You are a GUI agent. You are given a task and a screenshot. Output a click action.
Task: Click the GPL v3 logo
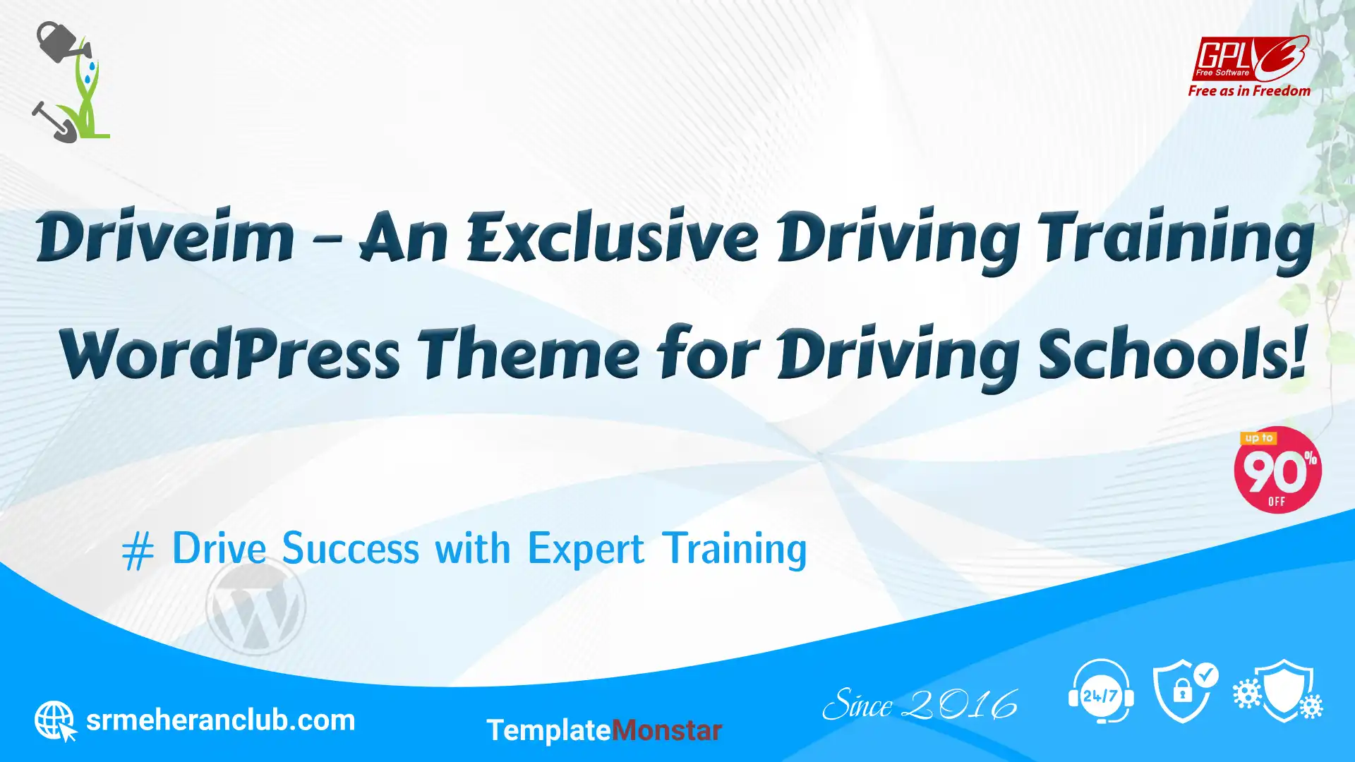[1251, 58]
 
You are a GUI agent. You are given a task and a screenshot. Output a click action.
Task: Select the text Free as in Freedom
[1249, 91]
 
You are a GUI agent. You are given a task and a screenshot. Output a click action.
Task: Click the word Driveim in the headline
[166, 236]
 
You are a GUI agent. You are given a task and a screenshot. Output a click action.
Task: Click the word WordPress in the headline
[230, 353]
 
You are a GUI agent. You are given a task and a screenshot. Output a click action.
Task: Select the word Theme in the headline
[530, 353]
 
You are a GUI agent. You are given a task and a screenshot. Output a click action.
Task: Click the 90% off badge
[1277, 470]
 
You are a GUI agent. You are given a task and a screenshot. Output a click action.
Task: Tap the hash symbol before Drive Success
[138, 551]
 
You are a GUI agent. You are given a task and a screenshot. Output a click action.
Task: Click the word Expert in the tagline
[586, 550]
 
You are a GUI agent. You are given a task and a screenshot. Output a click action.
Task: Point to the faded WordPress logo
[255, 606]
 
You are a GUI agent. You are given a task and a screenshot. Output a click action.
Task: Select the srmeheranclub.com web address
[220, 720]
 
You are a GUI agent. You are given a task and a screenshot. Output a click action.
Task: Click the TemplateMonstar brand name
[604, 730]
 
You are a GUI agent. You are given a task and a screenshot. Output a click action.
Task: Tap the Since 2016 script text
[920, 704]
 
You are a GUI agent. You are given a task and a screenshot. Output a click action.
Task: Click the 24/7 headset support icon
[1101, 691]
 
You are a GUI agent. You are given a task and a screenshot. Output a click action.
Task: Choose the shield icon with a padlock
[1185, 691]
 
